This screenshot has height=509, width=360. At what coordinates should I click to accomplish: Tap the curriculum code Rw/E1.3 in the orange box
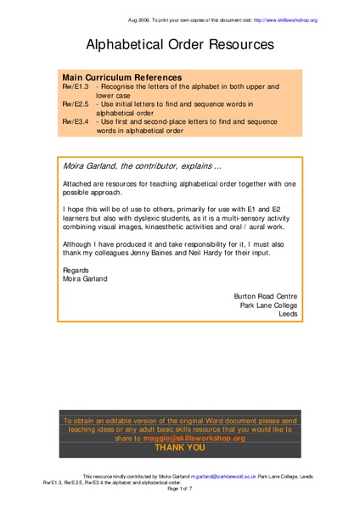(76, 87)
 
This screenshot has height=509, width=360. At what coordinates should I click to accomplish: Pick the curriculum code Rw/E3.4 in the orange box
(76, 120)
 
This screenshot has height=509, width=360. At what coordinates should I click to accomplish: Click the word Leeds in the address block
(290, 313)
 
